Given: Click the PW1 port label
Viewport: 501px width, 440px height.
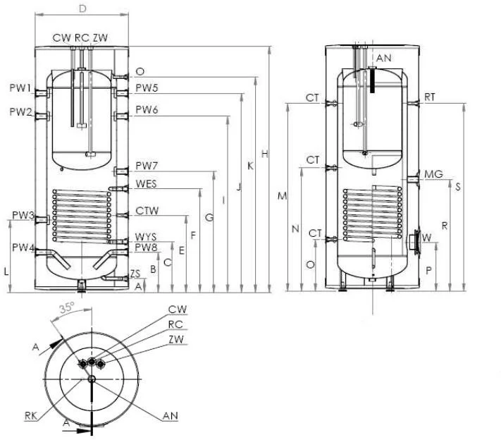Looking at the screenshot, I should click(x=20, y=89).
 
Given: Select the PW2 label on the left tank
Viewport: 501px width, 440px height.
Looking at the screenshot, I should click(x=20, y=112).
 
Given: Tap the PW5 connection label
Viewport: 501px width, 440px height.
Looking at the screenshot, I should click(x=147, y=88).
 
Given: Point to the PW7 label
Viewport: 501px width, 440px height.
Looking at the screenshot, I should click(x=147, y=166).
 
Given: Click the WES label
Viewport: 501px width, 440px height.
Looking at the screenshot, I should click(x=147, y=184).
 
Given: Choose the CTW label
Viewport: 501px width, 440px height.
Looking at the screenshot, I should click(x=147, y=210).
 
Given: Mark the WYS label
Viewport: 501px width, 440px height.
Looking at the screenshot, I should click(x=147, y=237).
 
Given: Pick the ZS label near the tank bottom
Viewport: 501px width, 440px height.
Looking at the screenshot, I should click(x=136, y=274).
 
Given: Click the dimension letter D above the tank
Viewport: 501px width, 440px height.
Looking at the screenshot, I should click(x=82, y=9).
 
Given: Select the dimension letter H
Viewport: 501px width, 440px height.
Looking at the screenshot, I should click(x=264, y=154).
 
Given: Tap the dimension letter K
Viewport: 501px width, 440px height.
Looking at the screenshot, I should click(x=250, y=166).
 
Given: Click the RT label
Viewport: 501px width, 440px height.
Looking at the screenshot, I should click(x=430, y=97).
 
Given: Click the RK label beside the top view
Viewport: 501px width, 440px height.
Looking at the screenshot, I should click(x=30, y=416).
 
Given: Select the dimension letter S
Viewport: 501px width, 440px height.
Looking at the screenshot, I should click(x=458, y=187).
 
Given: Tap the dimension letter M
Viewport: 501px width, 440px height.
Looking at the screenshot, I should click(x=282, y=196).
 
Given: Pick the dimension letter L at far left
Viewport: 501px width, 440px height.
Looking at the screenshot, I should click(x=6, y=271).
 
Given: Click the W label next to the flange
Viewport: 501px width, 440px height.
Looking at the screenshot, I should click(x=426, y=236).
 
